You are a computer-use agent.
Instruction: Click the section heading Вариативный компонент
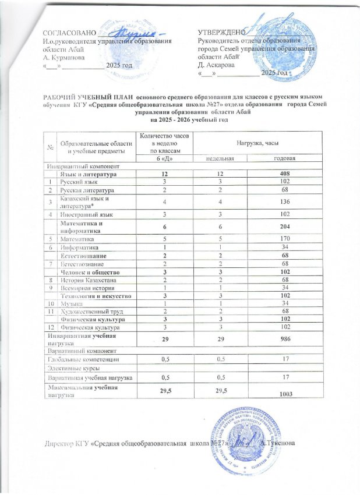point(77,351)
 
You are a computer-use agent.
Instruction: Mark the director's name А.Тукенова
point(281,444)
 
